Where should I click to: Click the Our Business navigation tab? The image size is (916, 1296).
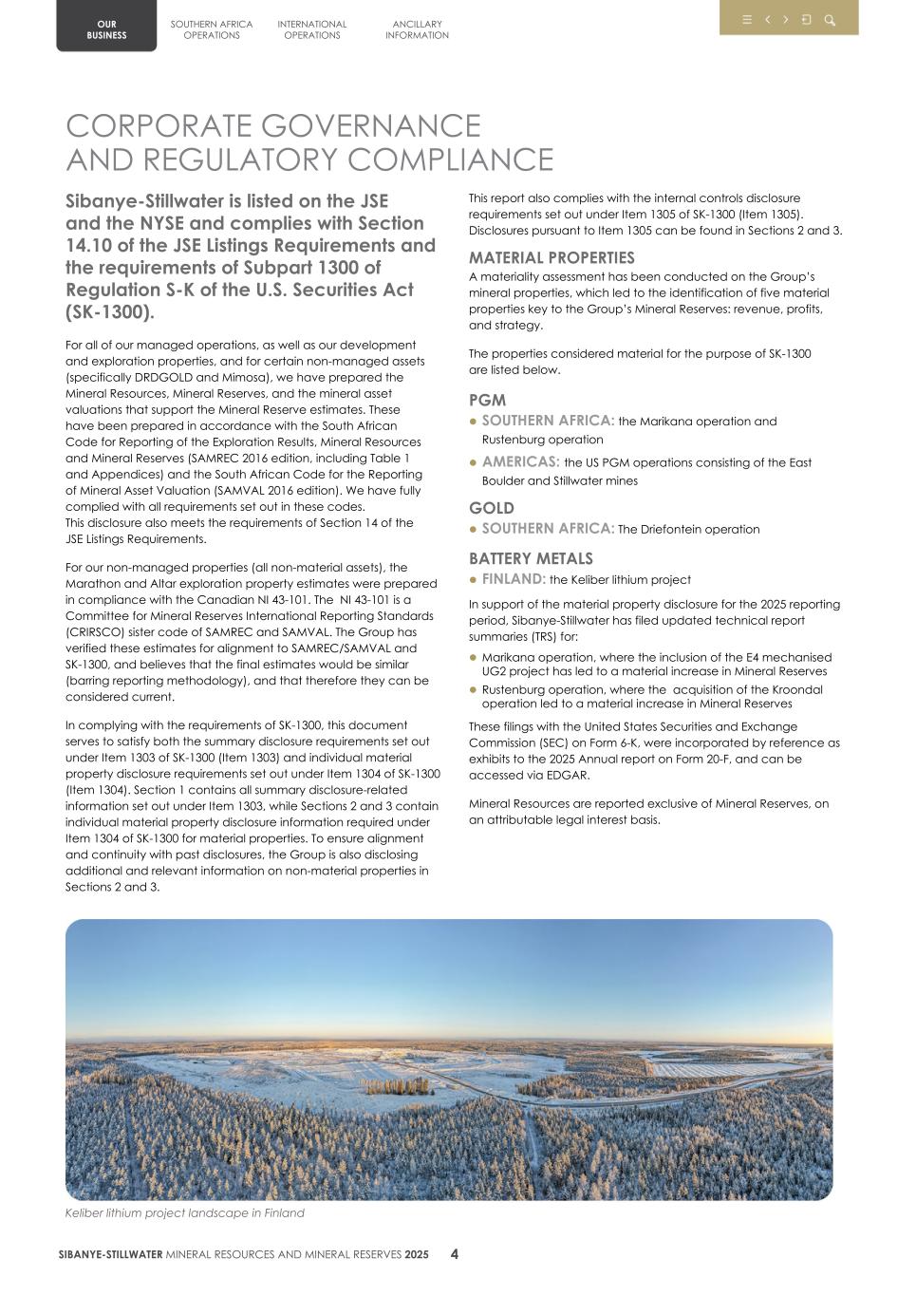pos(106,29)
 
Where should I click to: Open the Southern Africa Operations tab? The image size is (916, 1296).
pos(212,29)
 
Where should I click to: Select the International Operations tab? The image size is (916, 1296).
pos(312,29)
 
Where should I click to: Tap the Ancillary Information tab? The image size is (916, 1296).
pos(417,29)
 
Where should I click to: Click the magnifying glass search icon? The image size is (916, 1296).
pos(830,20)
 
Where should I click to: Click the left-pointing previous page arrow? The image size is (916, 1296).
pos(768,20)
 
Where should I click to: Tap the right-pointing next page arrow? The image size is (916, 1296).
pos(786,20)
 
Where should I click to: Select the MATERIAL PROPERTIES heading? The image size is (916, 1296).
pos(551,257)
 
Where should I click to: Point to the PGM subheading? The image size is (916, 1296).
pos(487,400)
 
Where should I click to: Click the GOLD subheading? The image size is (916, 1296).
pos(491,508)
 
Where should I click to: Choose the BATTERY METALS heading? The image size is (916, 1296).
pos(530,558)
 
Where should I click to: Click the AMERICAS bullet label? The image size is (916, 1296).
pos(520,462)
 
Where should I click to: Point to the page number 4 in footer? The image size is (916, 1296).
pos(455,1253)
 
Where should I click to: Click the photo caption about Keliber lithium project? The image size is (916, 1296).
pos(184,1212)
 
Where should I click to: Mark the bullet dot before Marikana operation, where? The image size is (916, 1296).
pos(474,657)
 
